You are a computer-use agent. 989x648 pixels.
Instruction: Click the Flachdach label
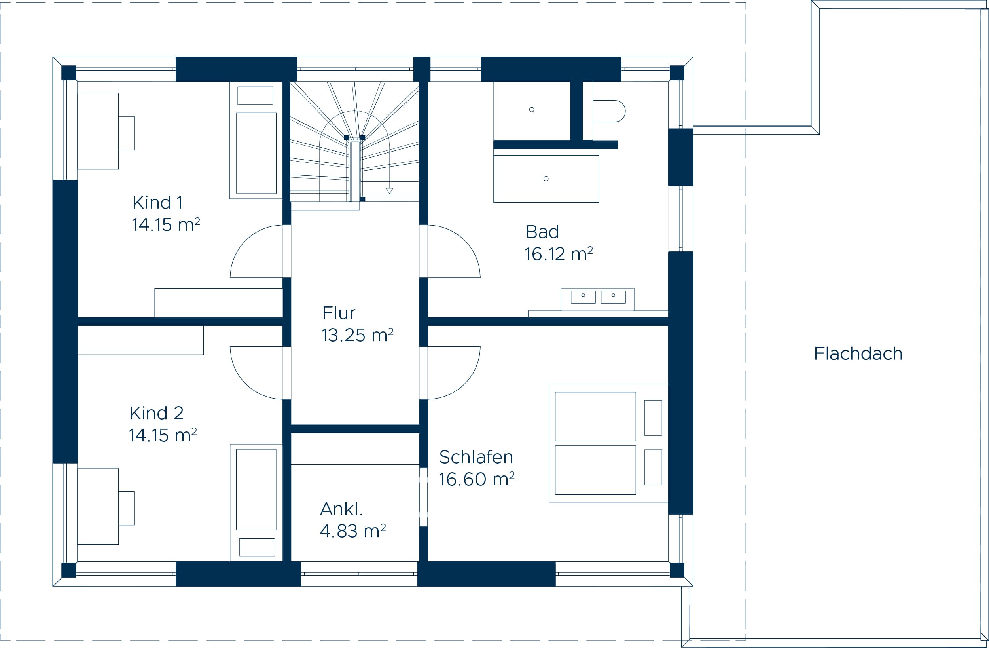[x=858, y=354]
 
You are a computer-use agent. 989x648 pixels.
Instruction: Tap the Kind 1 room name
[x=158, y=203]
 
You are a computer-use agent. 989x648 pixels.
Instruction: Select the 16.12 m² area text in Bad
[x=559, y=254]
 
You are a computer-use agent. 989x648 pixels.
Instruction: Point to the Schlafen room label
[x=476, y=457]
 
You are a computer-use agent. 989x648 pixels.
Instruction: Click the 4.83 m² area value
[x=353, y=531]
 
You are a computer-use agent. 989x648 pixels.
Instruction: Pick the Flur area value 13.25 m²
[x=357, y=335]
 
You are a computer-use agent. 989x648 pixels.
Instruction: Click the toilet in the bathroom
[x=609, y=111]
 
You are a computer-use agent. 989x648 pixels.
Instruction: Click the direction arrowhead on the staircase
[x=389, y=191]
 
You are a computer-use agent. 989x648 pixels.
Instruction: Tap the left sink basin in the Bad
[x=583, y=297]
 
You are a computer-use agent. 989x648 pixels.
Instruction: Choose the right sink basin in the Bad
[x=613, y=297]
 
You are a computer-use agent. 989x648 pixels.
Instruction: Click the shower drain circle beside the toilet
[x=531, y=110]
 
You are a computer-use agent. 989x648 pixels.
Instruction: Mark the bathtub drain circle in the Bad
[x=546, y=179]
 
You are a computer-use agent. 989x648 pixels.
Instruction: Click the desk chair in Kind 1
[x=126, y=133]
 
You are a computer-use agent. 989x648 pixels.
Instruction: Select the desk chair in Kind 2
[x=126, y=508]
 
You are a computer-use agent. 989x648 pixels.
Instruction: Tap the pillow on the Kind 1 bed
[x=255, y=96]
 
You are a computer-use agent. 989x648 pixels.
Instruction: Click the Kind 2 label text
[x=156, y=413]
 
